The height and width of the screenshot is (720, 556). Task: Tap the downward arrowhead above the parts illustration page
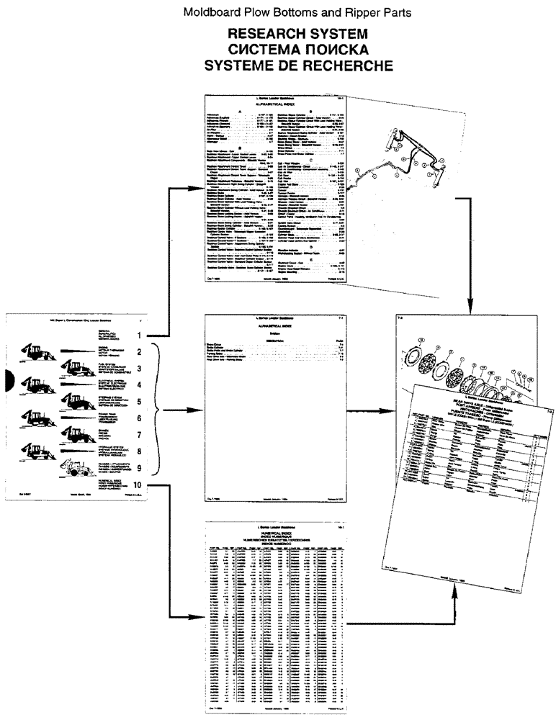[x=469, y=310]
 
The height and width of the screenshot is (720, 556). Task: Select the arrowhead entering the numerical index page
[x=199, y=616]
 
